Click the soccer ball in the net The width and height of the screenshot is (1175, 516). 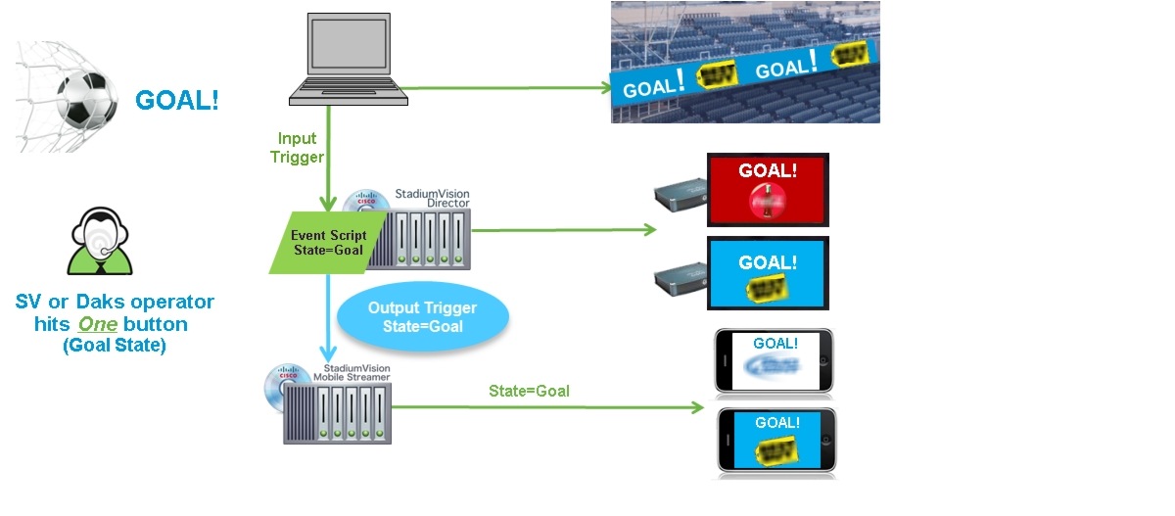point(79,104)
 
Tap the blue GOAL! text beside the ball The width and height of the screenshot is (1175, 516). point(177,100)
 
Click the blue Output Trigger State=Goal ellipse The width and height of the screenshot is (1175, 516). point(421,316)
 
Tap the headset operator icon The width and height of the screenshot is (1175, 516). point(99,245)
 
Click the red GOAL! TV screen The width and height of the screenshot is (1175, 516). point(768,189)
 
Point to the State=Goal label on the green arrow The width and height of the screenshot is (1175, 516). point(529,392)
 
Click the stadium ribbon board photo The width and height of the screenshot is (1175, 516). point(745,62)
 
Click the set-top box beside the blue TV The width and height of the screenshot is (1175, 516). point(681,279)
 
